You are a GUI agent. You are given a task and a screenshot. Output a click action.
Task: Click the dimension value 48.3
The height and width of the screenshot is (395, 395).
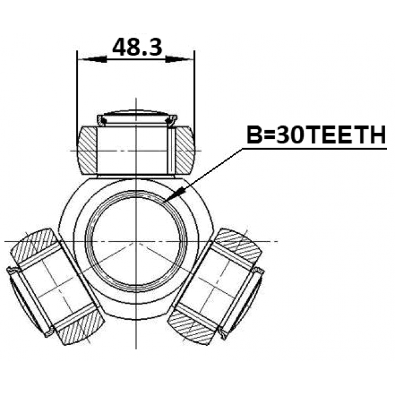pos(137,47)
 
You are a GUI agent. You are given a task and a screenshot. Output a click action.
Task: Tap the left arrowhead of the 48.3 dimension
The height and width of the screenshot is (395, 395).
pos(93,59)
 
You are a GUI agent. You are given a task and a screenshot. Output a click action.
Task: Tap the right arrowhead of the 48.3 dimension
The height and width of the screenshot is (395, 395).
pos(179,59)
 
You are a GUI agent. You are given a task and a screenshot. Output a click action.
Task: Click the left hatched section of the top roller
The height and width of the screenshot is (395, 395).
pos(87,151)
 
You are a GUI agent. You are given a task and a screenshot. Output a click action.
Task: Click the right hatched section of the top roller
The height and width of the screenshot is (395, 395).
pos(185,151)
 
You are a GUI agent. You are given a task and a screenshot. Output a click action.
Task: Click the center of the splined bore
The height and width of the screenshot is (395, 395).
pos(136,241)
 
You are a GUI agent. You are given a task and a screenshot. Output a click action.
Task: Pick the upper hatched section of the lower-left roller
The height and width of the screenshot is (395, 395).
pos(34,246)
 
